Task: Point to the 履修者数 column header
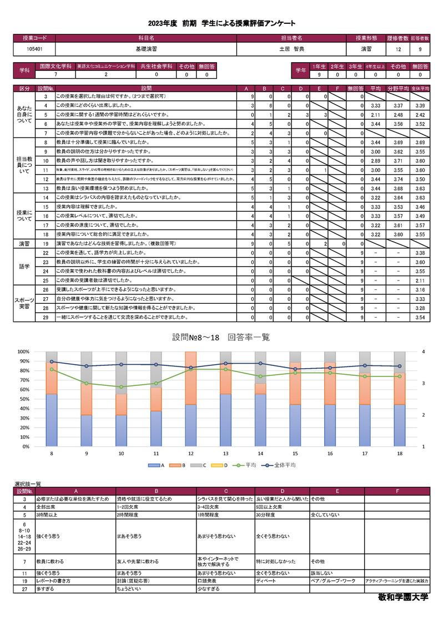(397, 38)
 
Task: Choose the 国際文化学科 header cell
(55, 66)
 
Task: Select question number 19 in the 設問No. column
(47, 243)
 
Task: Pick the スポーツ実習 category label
(25, 303)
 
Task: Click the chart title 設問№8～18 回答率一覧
(221, 337)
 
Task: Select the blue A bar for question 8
(52, 420)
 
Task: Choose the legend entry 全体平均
(284, 466)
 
